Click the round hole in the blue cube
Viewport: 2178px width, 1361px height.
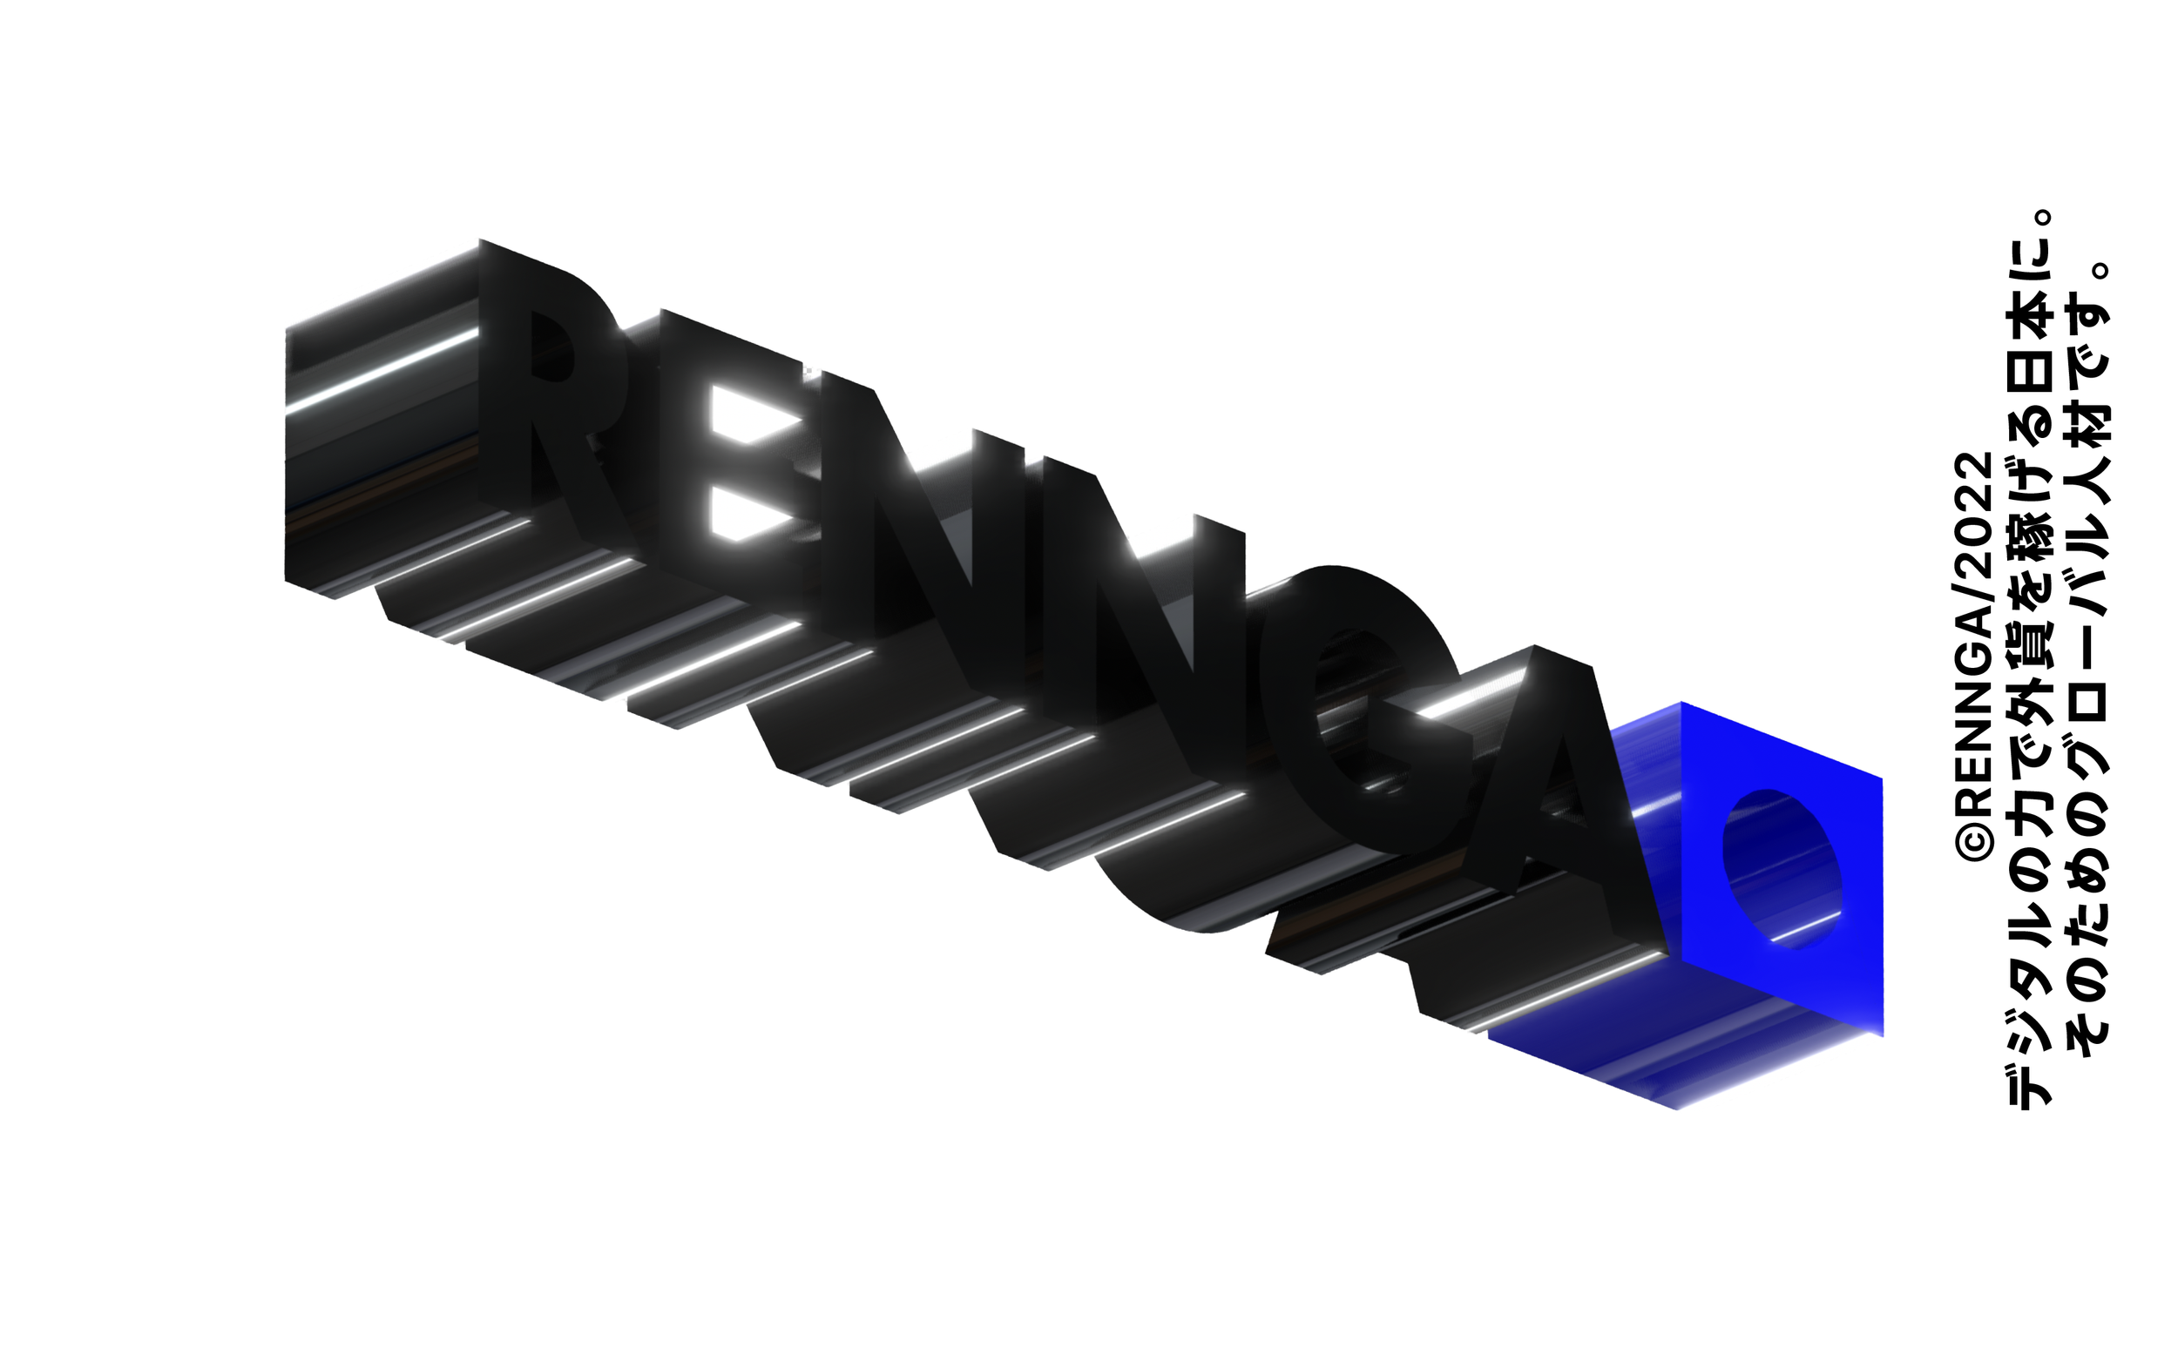tap(1781, 868)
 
